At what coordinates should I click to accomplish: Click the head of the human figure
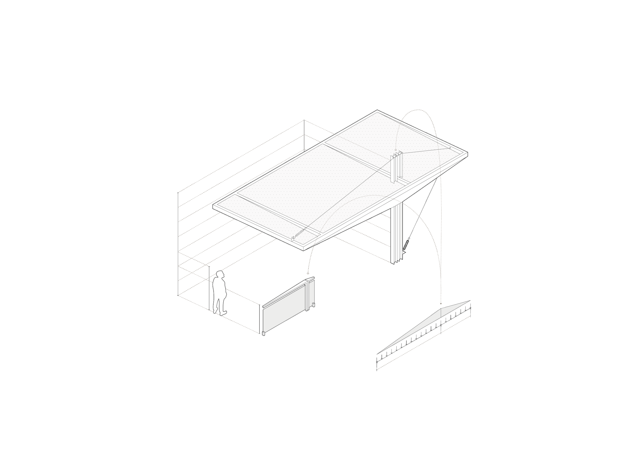click(x=220, y=275)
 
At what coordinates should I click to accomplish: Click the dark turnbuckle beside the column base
click(x=406, y=245)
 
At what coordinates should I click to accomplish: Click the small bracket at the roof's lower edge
click(x=293, y=239)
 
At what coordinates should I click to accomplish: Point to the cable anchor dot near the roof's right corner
click(x=450, y=148)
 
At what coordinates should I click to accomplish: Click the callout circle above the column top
click(x=396, y=150)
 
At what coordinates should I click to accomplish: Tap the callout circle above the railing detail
click(x=308, y=273)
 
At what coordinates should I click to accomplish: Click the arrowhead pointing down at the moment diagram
click(x=441, y=304)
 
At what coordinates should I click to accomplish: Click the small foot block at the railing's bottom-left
click(x=263, y=333)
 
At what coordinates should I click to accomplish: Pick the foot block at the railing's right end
click(x=314, y=305)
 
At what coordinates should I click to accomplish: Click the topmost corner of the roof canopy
click(x=377, y=110)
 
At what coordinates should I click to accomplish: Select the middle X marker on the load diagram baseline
click(x=441, y=325)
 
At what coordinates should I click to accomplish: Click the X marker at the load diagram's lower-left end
click(x=377, y=362)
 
